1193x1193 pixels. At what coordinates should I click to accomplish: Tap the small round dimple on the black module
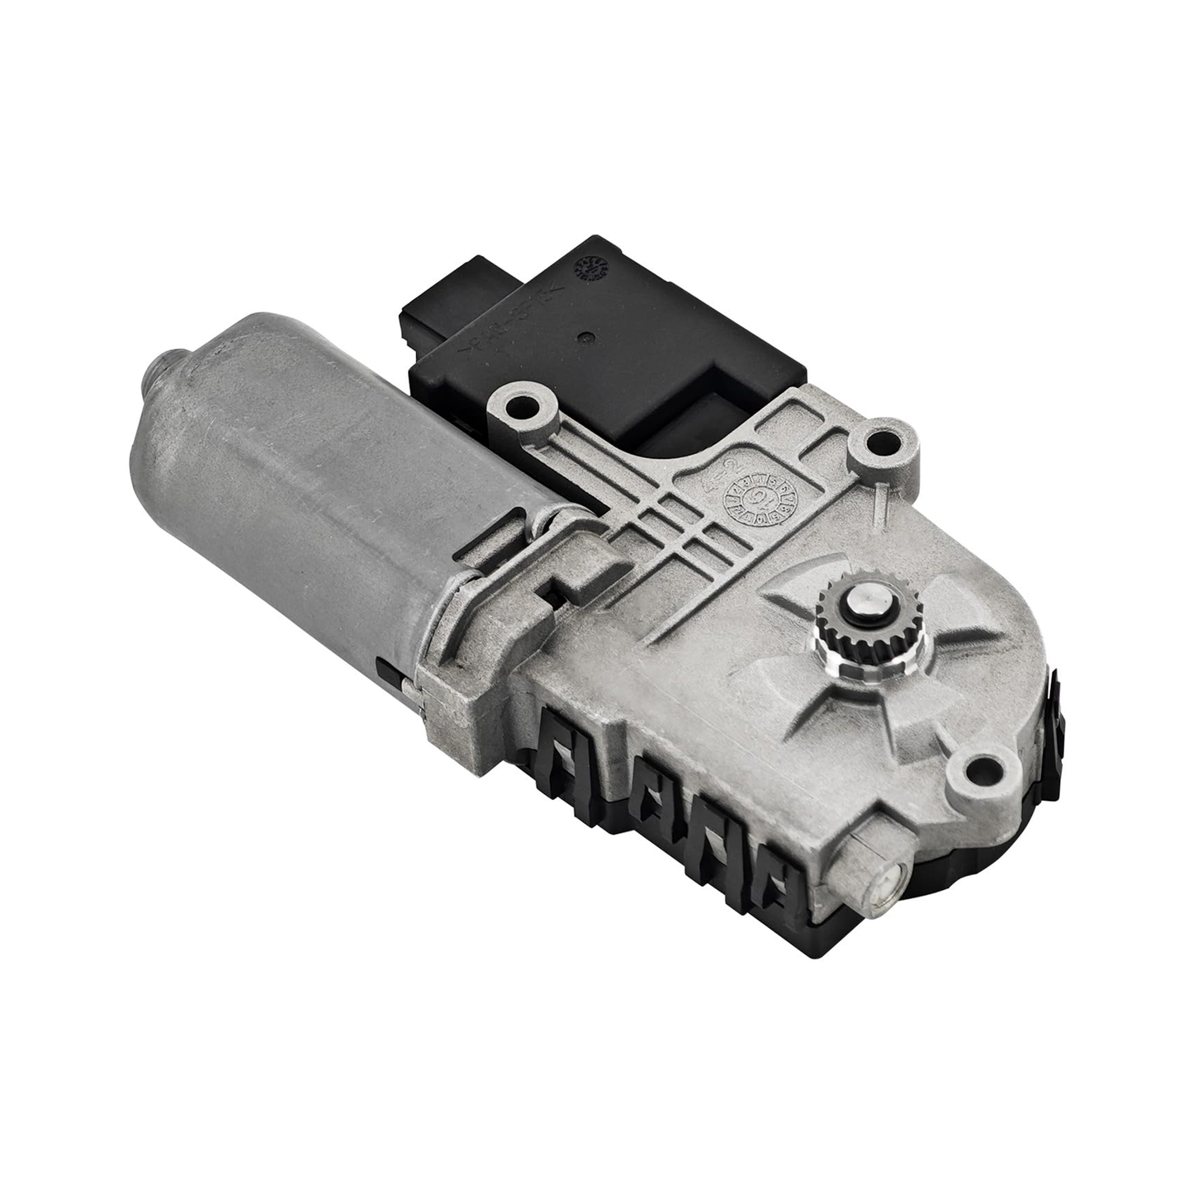coord(585,336)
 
